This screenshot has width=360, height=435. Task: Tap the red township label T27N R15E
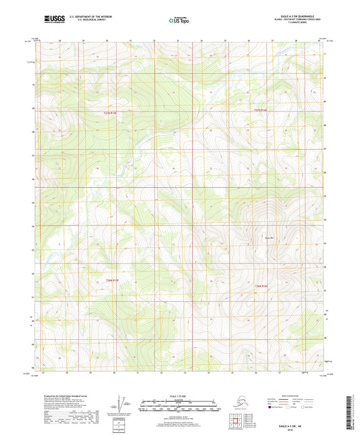pyautogui.click(x=110, y=112)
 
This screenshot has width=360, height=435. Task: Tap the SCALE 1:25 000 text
pyautogui.click(x=179, y=396)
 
